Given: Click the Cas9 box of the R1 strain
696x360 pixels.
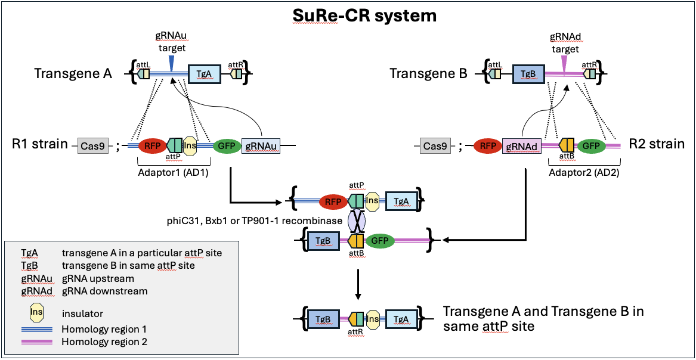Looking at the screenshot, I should click(x=93, y=145).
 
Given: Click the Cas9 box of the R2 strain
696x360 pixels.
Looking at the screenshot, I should click(x=438, y=145).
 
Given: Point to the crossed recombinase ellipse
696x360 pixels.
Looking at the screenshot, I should click(x=356, y=221).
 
